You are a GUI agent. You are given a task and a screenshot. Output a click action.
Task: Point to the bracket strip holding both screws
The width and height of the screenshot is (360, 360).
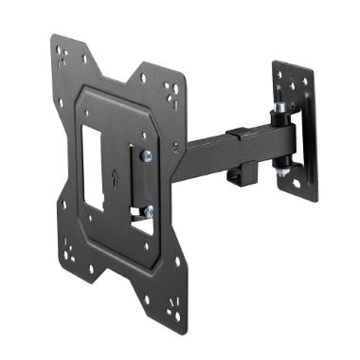pos(138,184)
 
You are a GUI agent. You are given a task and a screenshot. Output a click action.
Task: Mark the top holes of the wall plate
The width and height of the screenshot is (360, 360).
pos(296,81)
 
